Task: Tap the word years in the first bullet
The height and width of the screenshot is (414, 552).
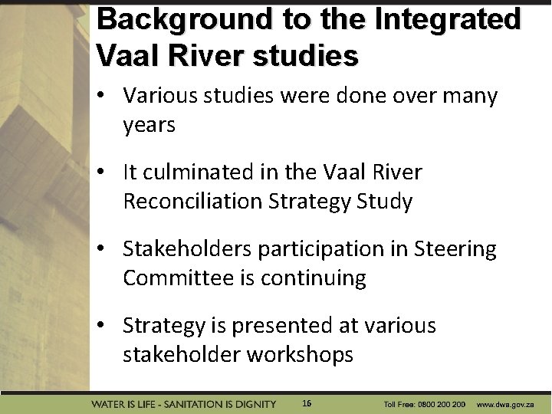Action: [149, 125]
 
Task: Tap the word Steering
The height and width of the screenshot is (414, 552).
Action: [455, 249]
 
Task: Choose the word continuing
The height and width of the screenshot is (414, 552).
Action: [314, 278]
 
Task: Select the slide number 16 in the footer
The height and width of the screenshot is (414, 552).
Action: [307, 403]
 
